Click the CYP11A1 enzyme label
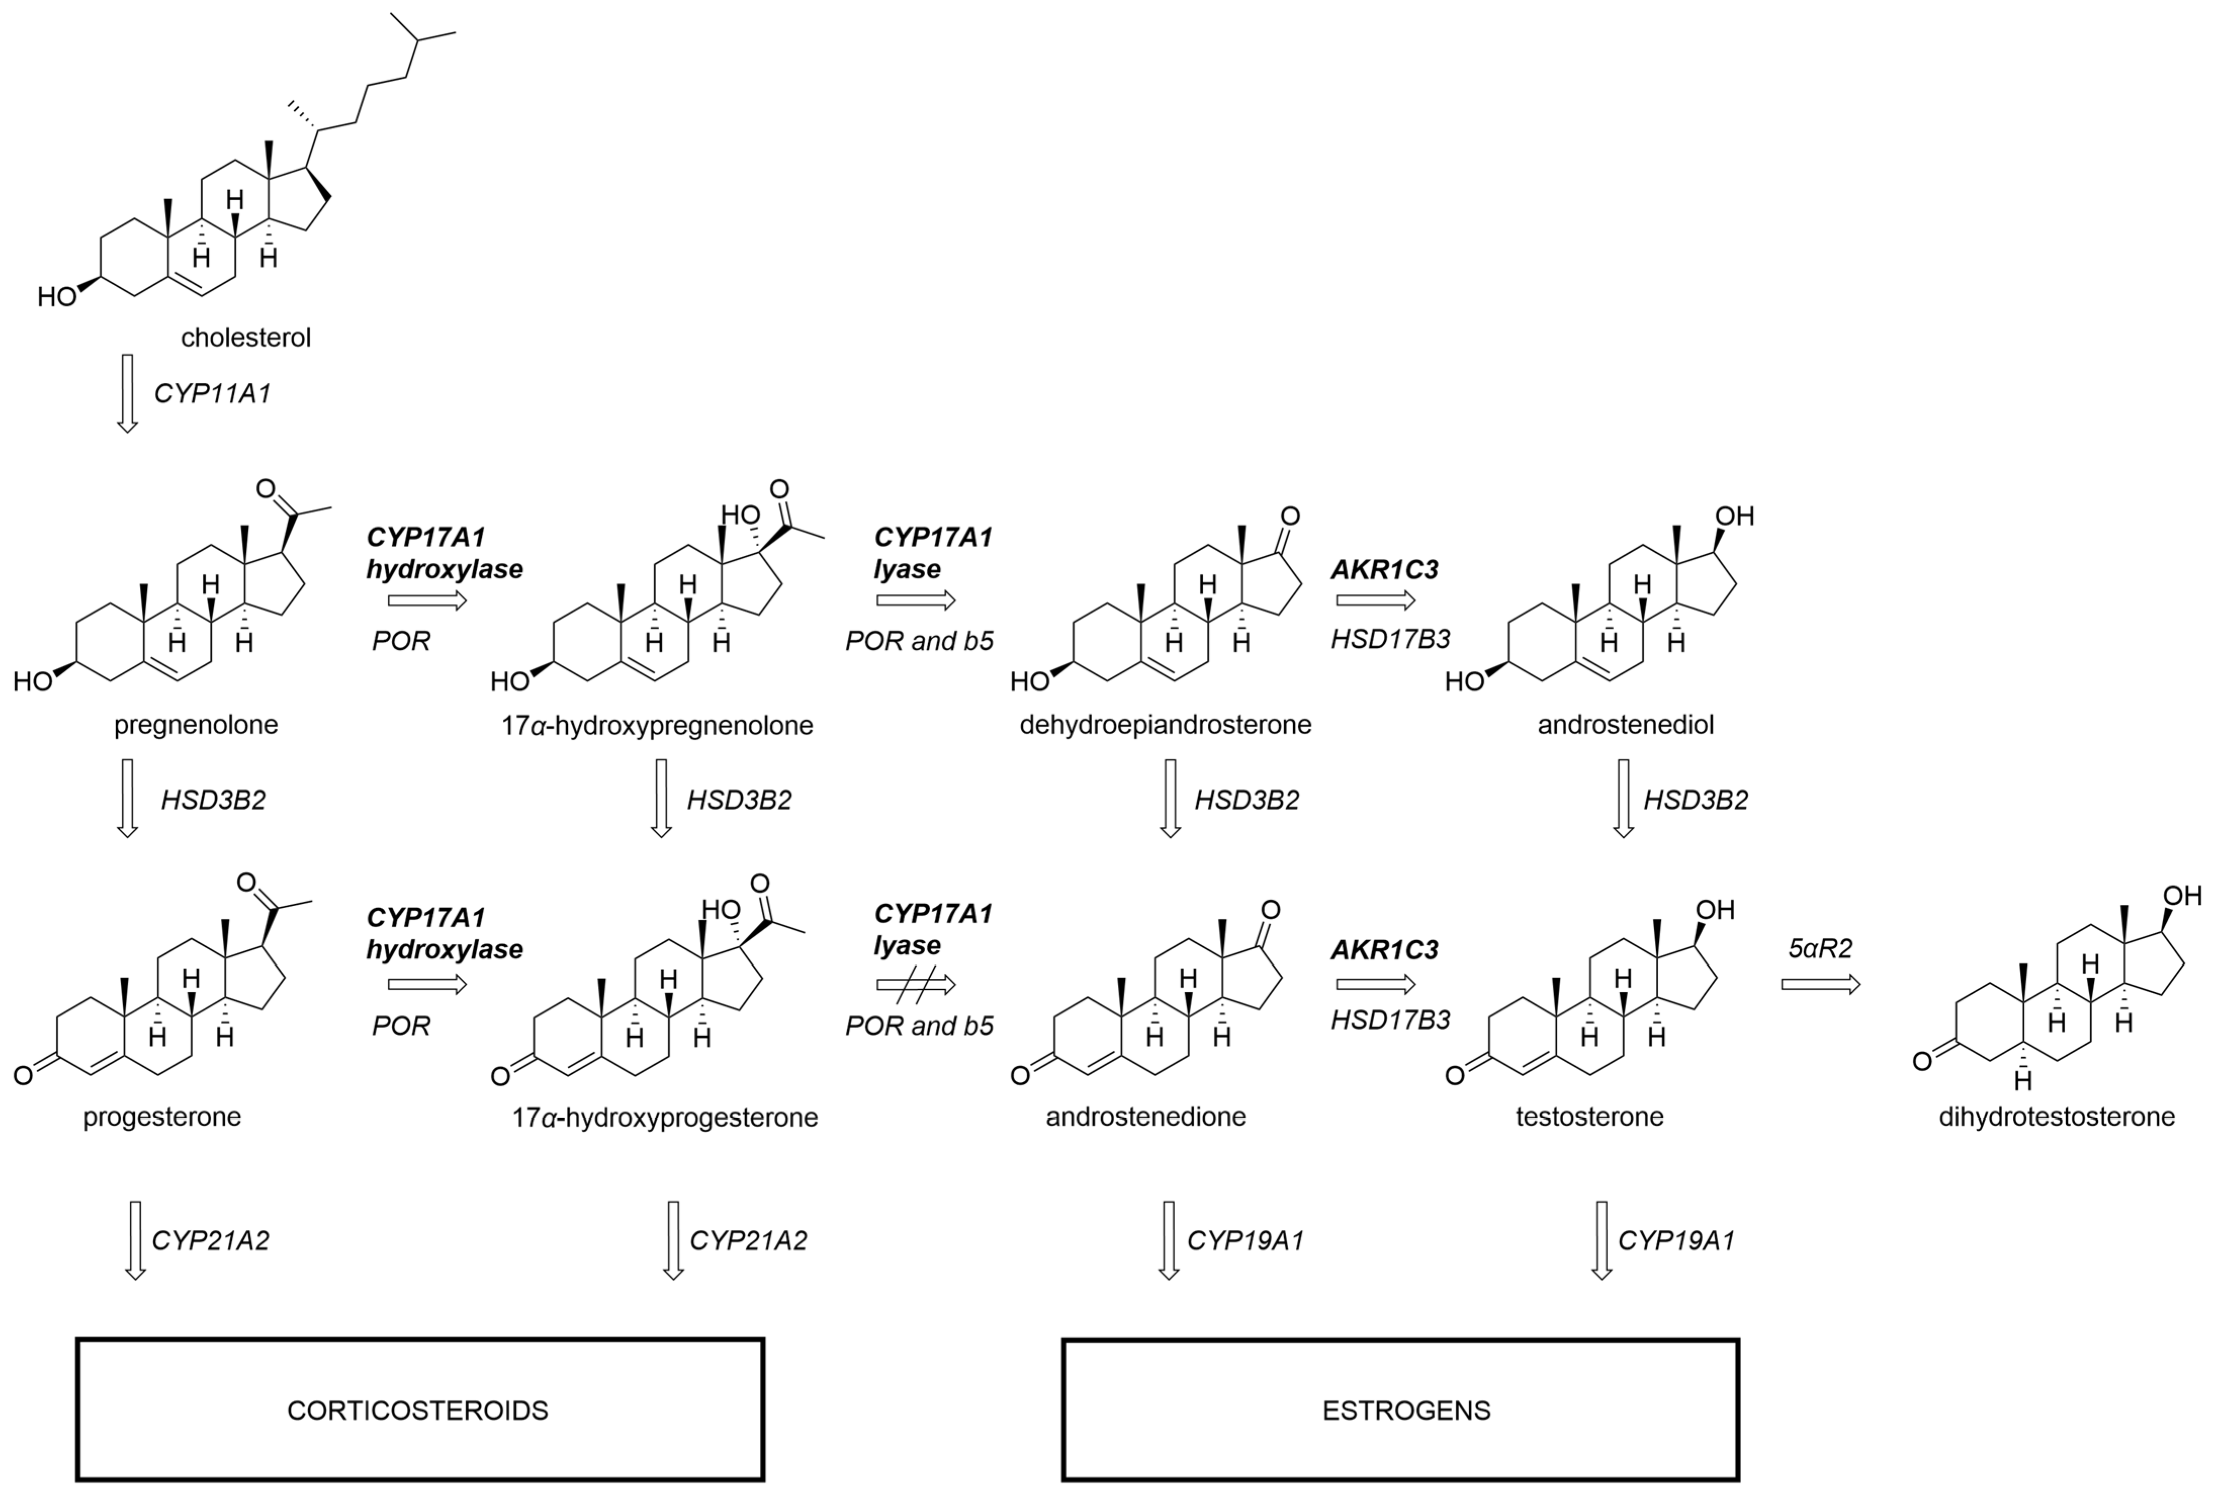212,393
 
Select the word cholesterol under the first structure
246,338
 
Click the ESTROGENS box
1400,1410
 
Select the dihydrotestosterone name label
2057,1117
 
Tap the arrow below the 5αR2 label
1820,985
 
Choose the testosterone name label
1589,1117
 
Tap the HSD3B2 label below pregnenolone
212,800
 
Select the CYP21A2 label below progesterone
210,1240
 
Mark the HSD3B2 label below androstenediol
1695,800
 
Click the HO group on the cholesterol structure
57,297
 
